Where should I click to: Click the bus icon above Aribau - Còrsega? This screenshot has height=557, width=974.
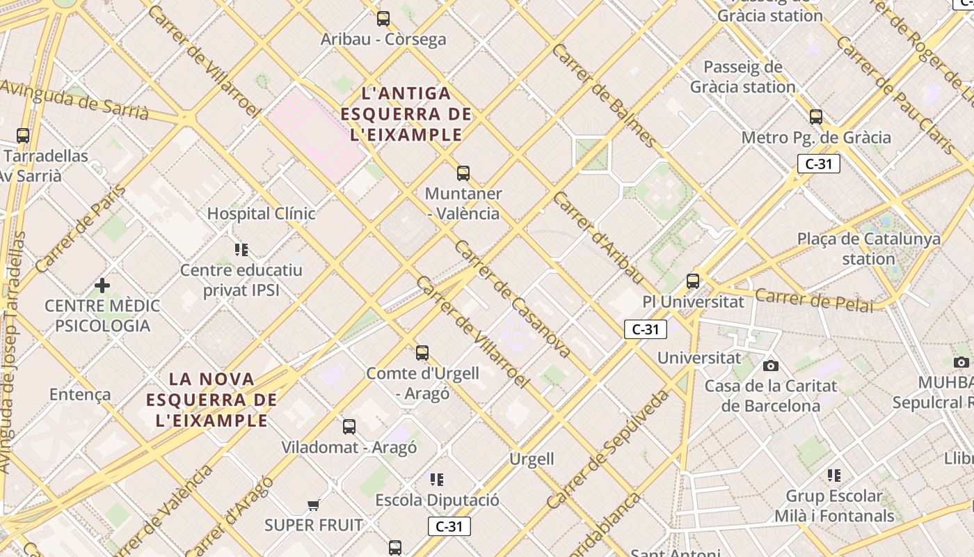tap(383, 19)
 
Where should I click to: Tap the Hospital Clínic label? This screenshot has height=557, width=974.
tap(261, 214)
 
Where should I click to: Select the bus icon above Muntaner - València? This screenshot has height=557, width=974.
tap(463, 173)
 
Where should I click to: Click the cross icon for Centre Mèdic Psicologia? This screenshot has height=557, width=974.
tap(102, 285)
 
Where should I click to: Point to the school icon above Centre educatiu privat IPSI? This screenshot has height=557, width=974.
tap(241, 250)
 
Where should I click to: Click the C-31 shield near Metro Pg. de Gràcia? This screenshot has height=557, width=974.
tap(819, 164)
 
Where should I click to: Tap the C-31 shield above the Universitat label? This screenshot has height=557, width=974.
tap(646, 329)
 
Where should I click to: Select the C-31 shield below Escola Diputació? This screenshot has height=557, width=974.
tap(449, 526)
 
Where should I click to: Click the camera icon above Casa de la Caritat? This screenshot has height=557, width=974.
tap(770, 366)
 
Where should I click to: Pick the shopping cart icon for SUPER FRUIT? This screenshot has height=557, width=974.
tap(314, 505)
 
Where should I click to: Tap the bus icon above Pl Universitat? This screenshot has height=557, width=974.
tap(693, 281)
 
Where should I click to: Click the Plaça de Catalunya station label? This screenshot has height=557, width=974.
tap(868, 249)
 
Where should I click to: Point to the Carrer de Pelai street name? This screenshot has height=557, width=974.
tap(813, 300)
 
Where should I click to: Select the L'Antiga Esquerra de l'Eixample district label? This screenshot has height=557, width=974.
tap(407, 113)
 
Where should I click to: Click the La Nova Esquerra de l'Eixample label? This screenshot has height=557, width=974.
tap(211, 400)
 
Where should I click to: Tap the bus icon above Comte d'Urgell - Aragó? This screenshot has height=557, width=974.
tap(422, 353)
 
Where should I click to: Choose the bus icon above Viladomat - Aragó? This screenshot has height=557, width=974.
tap(349, 427)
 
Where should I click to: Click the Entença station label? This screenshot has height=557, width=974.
tap(80, 395)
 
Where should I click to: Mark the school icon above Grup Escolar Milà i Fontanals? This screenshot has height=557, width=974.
tap(834, 476)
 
